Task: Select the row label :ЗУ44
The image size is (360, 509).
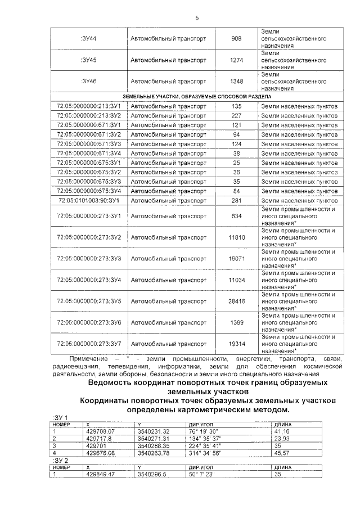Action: [89, 39]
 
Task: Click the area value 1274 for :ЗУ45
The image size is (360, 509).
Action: [236, 60]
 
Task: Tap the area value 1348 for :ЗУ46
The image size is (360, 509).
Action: [236, 81]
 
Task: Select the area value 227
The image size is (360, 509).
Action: [236, 115]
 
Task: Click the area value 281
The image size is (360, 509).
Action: [236, 200]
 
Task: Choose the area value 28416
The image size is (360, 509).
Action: [236, 301]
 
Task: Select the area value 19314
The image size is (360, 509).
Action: [236, 343]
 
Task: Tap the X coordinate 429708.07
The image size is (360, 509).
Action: [101, 431]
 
